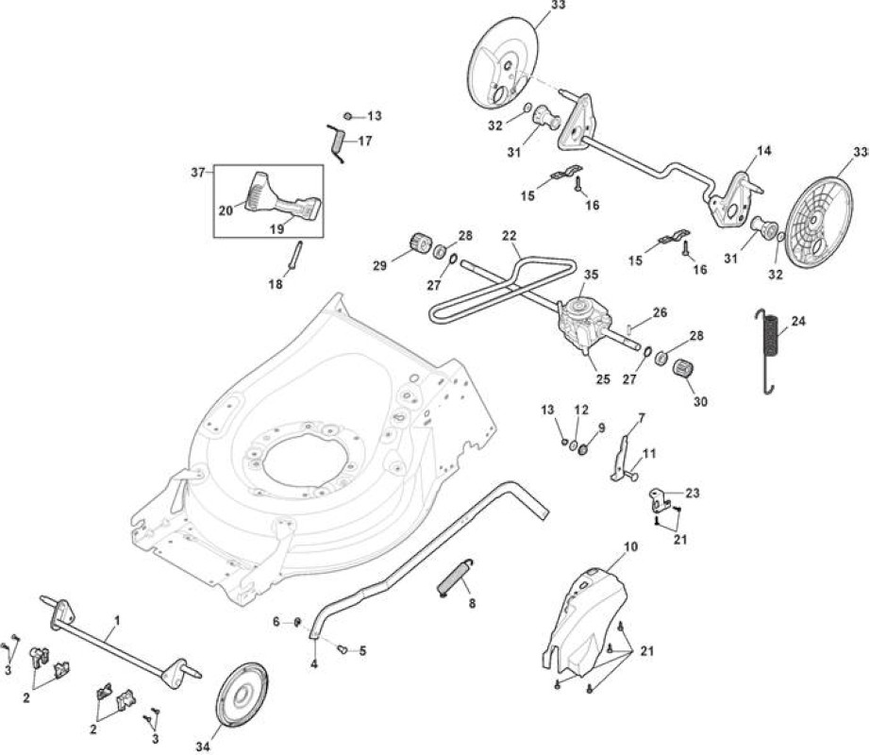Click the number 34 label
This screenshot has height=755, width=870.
coord(203,747)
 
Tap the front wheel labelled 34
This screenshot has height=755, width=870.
coord(242,695)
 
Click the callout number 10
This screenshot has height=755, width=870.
coord(630,546)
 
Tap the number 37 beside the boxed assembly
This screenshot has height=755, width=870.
coord(198,173)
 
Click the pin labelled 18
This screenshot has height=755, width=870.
coord(294,255)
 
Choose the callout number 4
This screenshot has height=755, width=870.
coord(314,663)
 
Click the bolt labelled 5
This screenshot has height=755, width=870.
coord(343,648)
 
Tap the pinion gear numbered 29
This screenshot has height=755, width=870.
coord(420,245)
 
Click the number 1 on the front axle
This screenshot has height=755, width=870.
coord(117,620)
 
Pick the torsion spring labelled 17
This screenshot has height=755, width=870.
coord(336,143)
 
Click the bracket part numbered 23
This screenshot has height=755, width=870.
coord(660,500)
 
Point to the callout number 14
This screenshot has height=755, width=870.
coord(764,151)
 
